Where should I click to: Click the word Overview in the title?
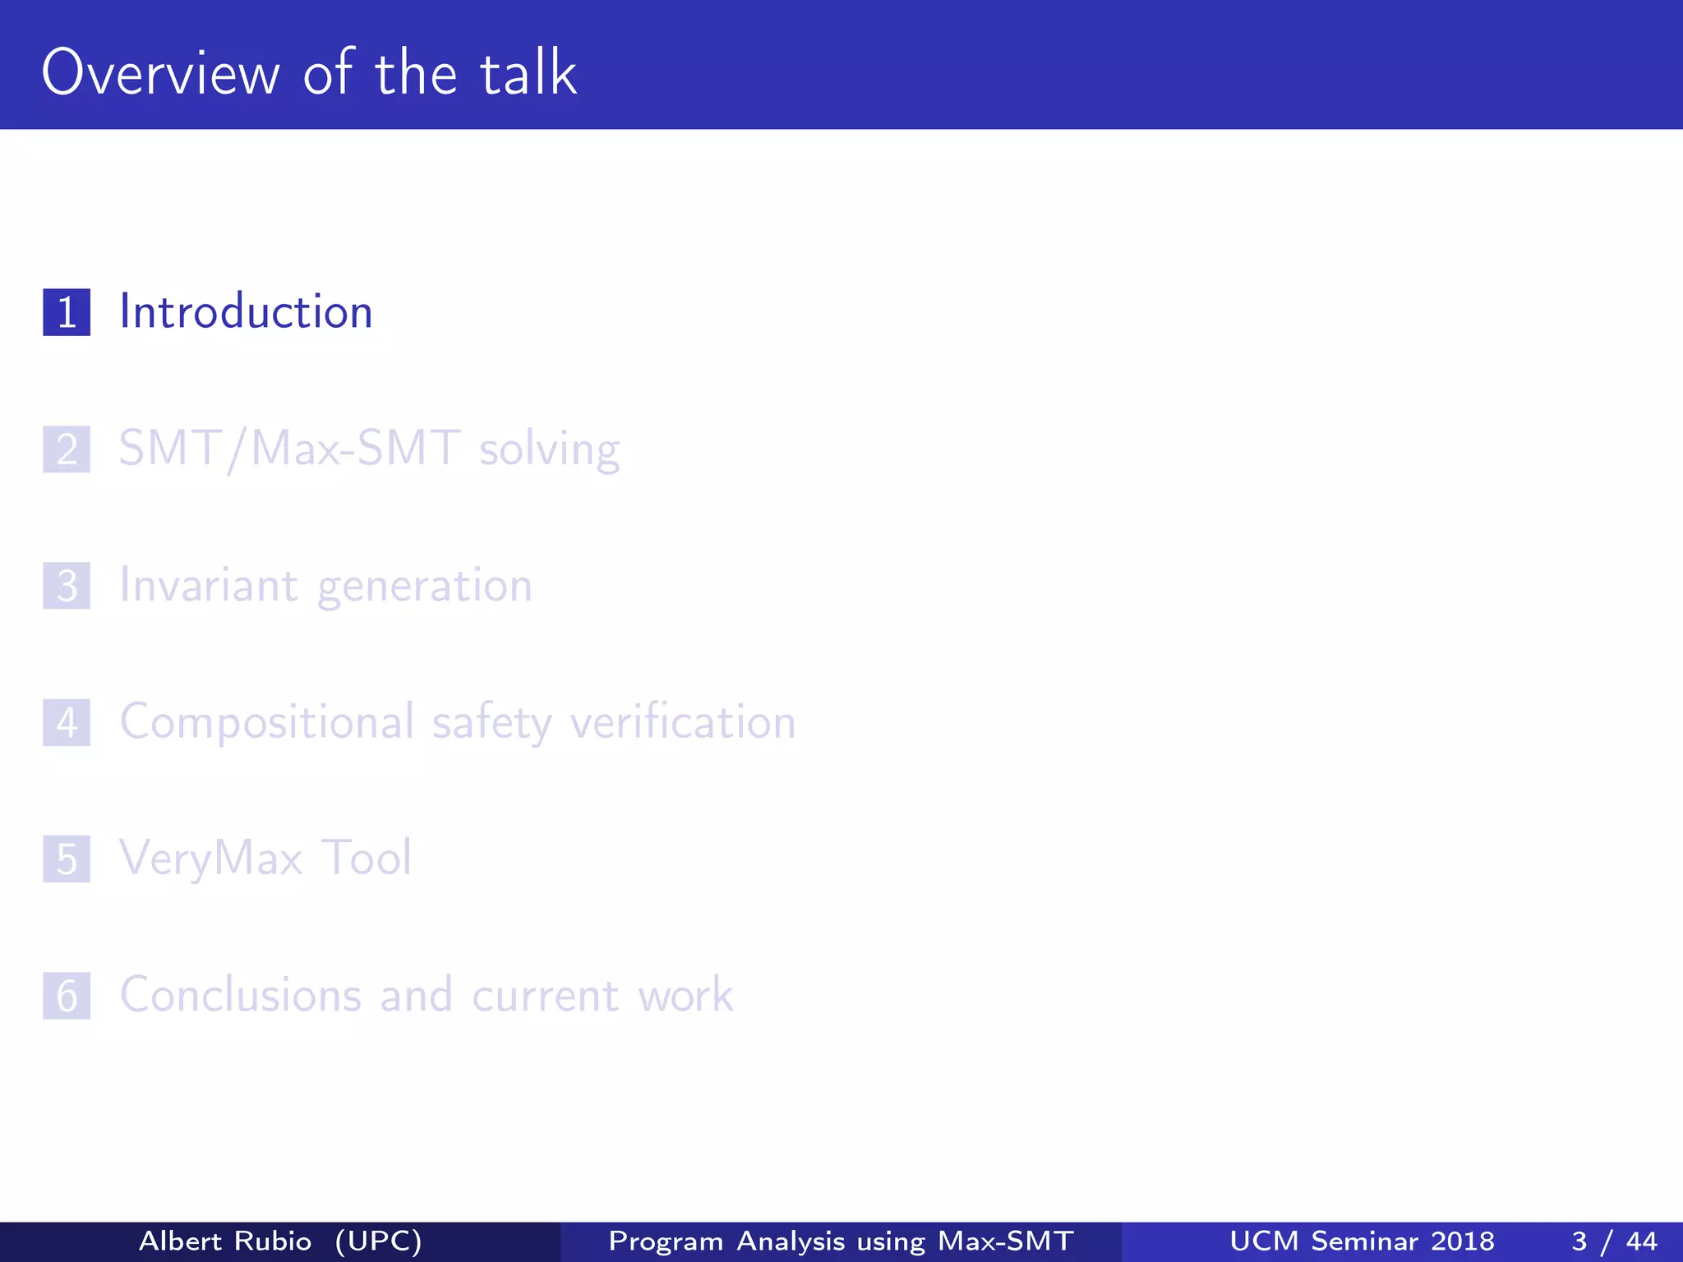coord(161,74)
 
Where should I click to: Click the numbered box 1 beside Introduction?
coord(67,312)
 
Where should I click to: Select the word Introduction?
coord(246,312)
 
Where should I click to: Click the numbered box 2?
coord(67,449)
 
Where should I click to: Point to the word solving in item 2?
coord(549,450)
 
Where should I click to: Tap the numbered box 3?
coord(67,586)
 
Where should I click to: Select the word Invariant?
coord(209,585)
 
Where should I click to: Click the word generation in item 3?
coord(425,587)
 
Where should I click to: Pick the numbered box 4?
coord(67,723)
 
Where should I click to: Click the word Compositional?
coord(267,722)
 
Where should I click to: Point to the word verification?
coord(683,722)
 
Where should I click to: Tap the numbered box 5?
coord(67,859)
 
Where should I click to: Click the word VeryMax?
coord(211,859)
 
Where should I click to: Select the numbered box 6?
coord(67,996)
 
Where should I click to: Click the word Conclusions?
coord(240,995)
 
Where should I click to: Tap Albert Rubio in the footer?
coord(225,1241)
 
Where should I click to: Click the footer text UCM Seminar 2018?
coord(1362,1241)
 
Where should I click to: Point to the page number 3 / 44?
coord(1614,1241)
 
